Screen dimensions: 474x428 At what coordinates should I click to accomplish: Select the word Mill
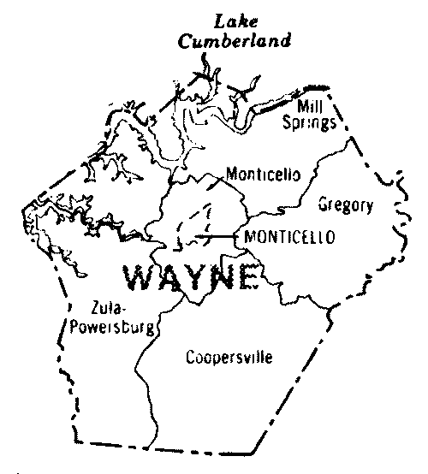coord(309,106)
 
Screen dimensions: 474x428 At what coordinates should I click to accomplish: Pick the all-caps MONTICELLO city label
coord(288,236)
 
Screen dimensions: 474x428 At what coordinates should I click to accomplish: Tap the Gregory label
coord(346,204)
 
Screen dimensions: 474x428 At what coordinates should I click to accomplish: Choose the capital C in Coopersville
coord(190,358)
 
